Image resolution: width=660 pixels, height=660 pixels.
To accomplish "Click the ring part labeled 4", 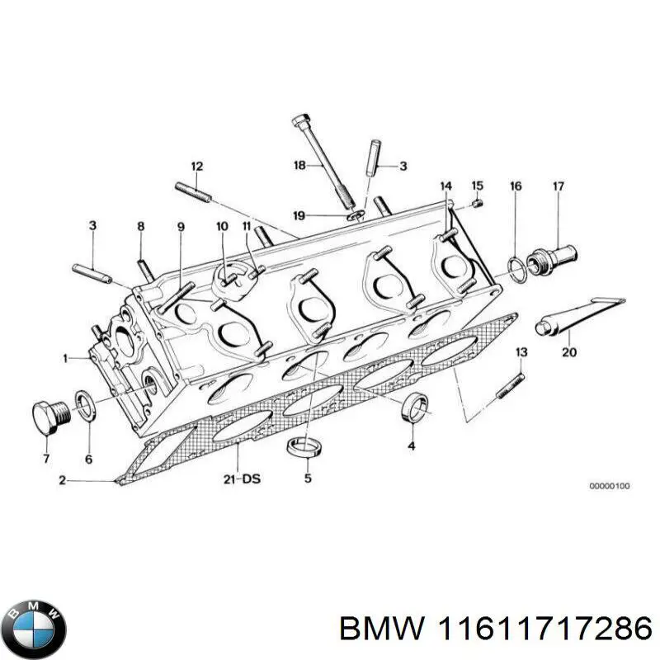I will click(414, 408).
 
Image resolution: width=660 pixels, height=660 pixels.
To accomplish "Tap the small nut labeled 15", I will click(477, 205).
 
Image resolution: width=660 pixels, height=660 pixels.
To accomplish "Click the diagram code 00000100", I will click(609, 487).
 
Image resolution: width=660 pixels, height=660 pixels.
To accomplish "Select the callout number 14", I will click(445, 186).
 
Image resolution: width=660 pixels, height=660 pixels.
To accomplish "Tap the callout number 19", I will click(299, 216).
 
